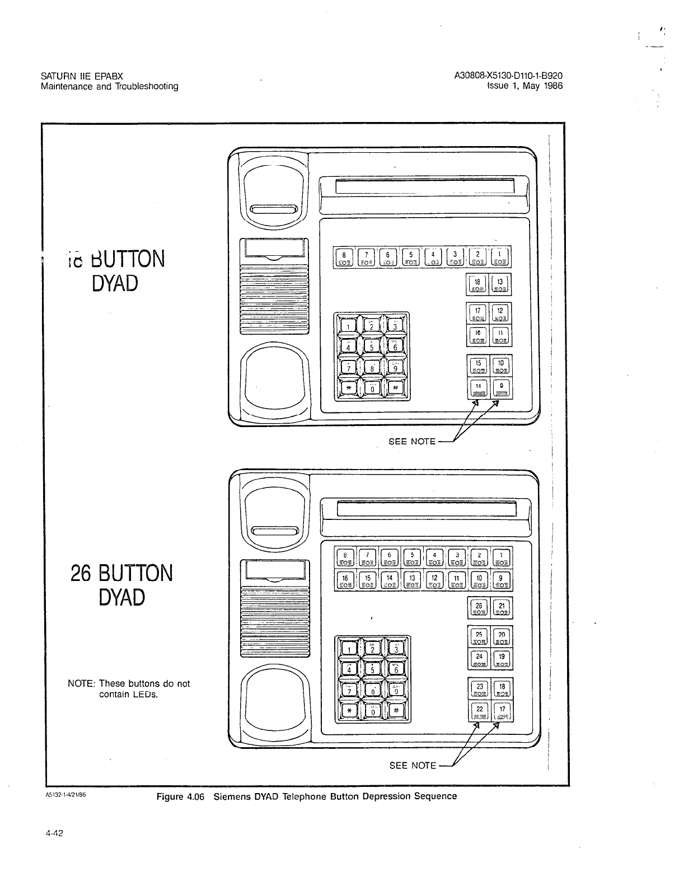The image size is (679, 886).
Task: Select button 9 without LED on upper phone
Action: [501, 387]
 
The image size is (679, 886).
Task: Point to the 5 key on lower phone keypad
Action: [372, 669]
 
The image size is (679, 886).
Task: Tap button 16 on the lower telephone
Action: [345, 580]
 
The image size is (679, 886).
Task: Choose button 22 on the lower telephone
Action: [479, 711]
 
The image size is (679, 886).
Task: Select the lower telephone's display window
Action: [425, 510]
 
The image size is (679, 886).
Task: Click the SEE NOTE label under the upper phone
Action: [412, 441]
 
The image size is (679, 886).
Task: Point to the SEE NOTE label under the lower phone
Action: [413, 765]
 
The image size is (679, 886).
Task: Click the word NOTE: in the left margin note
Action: [82, 683]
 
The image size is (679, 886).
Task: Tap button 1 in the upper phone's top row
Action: [500, 257]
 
